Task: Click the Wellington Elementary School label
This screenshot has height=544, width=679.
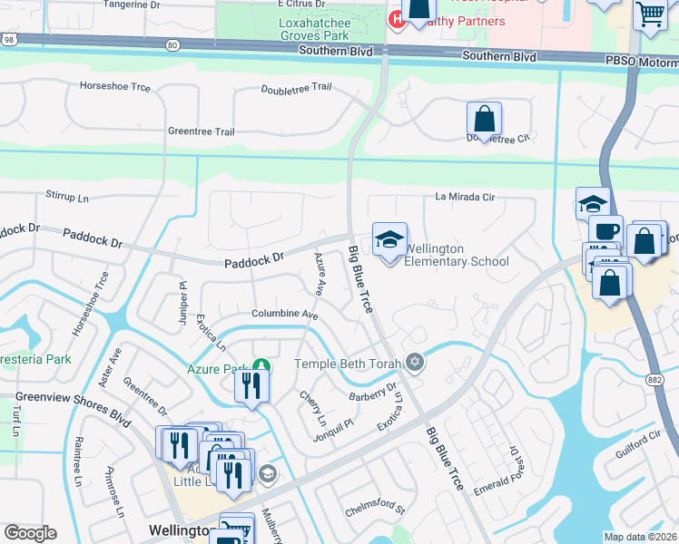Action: point(456,255)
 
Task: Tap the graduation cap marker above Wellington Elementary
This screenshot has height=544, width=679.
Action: point(389,240)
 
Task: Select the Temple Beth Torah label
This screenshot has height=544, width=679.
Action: point(350,364)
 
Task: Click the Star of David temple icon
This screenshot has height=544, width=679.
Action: point(416,363)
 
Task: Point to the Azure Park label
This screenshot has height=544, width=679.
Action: point(218,369)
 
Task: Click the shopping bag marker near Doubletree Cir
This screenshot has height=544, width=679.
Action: point(485,119)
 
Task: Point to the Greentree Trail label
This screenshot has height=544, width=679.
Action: point(201,131)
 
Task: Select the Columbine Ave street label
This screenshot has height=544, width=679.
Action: point(285,315)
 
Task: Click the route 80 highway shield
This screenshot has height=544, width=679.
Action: point(172,44)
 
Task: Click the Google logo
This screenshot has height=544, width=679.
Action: point(30,532)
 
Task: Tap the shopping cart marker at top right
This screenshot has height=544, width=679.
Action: point(650,15)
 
